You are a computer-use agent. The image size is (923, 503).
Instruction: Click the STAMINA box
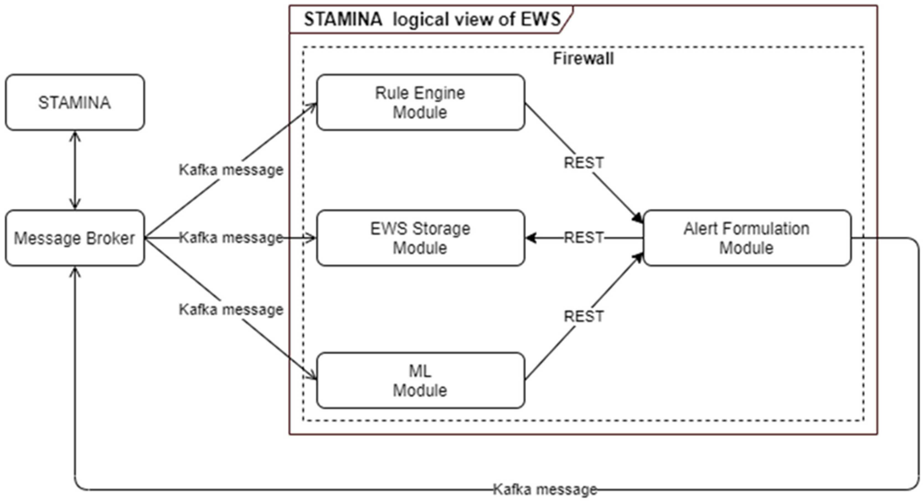point(74,102)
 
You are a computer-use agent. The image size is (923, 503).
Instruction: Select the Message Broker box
point(74,238)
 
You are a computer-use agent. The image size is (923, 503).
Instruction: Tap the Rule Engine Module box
point(420,102)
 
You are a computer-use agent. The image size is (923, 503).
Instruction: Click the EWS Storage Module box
point(420,238)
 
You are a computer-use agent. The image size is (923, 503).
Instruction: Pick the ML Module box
point(420,380)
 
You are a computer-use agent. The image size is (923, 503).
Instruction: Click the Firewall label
point(583,59)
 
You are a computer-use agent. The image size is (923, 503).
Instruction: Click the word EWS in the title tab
point(540,19)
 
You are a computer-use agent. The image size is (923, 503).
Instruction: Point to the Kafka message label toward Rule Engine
point(231,170)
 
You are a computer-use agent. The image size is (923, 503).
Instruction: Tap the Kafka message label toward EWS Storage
point(231,237)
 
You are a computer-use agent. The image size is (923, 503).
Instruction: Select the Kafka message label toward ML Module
point(231,309)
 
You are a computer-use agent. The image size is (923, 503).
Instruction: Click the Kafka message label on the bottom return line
point(545,489)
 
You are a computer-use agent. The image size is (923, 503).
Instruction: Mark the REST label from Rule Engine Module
point(584,163)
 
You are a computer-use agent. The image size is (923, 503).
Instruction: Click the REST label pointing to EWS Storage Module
point(584,237)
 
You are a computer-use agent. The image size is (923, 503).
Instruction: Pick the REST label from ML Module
point(584,316)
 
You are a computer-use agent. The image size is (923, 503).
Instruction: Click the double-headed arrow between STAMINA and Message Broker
point(74,170)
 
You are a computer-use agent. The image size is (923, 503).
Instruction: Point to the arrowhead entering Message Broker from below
point(74,272)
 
